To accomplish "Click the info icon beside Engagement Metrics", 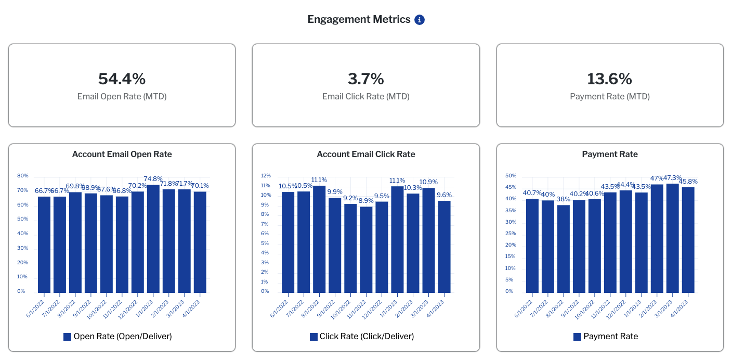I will click(420, 20).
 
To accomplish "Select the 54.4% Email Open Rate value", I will click(122, 79).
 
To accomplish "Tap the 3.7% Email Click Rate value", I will click(365, 79).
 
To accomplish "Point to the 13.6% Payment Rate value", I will click(609, 79).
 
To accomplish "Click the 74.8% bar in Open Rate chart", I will click(153, 239).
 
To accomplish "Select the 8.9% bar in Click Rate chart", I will click(366, 250).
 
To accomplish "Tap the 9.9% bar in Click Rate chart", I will click(335, 245).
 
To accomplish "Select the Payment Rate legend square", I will click(577, 337).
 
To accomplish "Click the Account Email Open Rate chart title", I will click(122, 154).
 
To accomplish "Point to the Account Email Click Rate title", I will click(366, 154).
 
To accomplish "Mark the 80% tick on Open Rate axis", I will click(22, 176).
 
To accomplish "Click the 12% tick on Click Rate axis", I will click(266, 176).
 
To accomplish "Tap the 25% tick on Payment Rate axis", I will click(510, 234).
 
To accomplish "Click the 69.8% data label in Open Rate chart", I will click(76, 186).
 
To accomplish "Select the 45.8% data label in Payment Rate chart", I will click(687, 182).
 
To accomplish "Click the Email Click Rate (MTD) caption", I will click(365, 97).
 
